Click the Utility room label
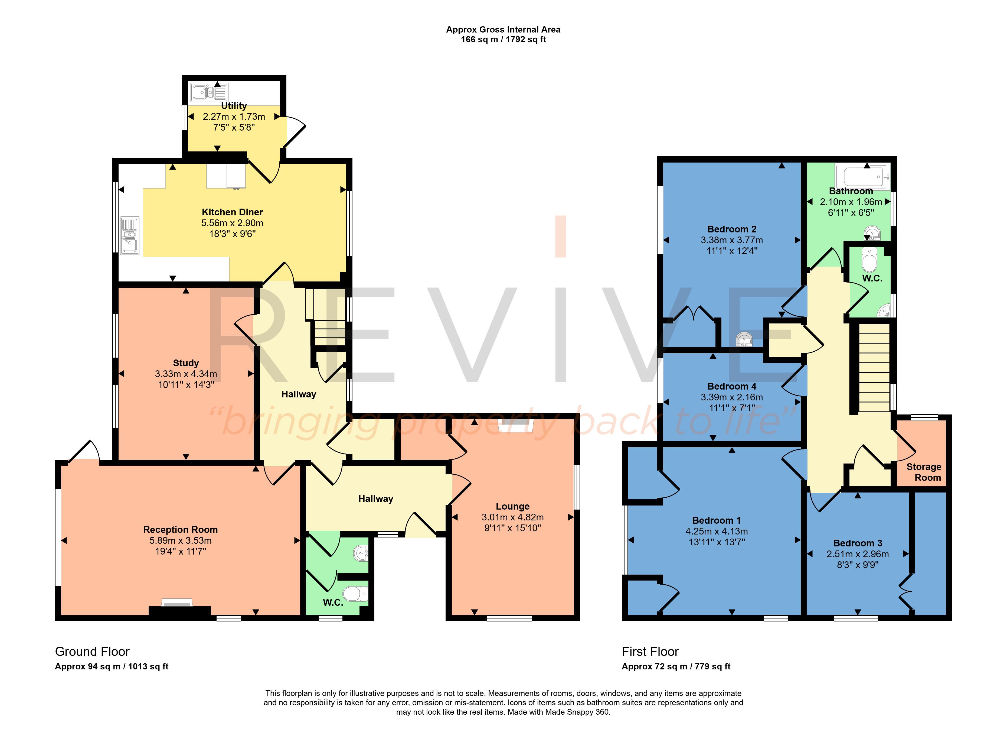tap(234, 106)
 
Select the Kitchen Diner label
tap(232, 212)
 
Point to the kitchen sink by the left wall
tap(130, 235)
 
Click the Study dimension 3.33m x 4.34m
tap(186, 374)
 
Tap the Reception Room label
tap(180, 530)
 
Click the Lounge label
tap(512, 506)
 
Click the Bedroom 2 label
tap(732, 229)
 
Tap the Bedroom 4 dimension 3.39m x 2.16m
tap(732, 397)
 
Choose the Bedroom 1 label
tap(716, 520)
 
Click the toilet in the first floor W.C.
tap(869, 260)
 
